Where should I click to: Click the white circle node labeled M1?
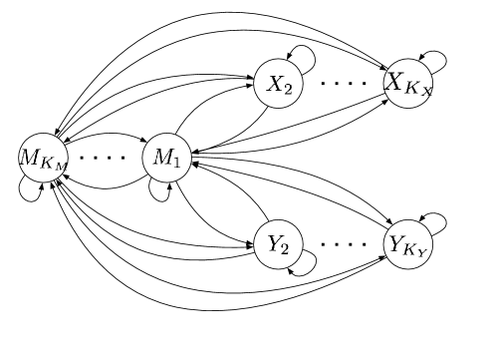[x=166, y=158]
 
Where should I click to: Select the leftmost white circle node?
[x=43, y=158]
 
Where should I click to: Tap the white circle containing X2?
[x=278, y=84]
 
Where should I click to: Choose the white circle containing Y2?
[x=278, y=244]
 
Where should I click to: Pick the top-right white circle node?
[x=408, y=84]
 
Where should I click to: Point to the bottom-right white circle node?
[x=408, y=244]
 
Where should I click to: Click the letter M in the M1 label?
[x=162, y=157]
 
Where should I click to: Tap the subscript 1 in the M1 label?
[x=176, y=162]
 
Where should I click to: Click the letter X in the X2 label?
[x=274, y=83]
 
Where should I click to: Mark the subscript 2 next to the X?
[x=287, y=89]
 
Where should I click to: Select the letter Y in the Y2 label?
[x=274, y=243]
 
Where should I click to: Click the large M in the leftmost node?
[x=30, y=156]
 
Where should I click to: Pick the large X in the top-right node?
[x=395, y=81]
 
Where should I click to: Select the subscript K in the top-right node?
[x=414, y=87]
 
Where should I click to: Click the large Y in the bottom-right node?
[x=395, y=242]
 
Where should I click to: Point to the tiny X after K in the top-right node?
[x=426, y=92]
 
